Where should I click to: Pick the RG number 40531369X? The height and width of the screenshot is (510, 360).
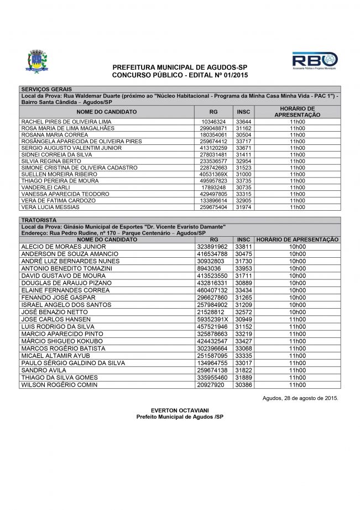tap(213, 174)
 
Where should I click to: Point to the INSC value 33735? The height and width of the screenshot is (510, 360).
tap(243, 181)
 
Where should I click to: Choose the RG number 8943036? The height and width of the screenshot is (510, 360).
tap(208, 268)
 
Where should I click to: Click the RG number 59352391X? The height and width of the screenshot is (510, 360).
tap(213, 320)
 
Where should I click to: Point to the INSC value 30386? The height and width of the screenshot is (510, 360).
tap(243, 384)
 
